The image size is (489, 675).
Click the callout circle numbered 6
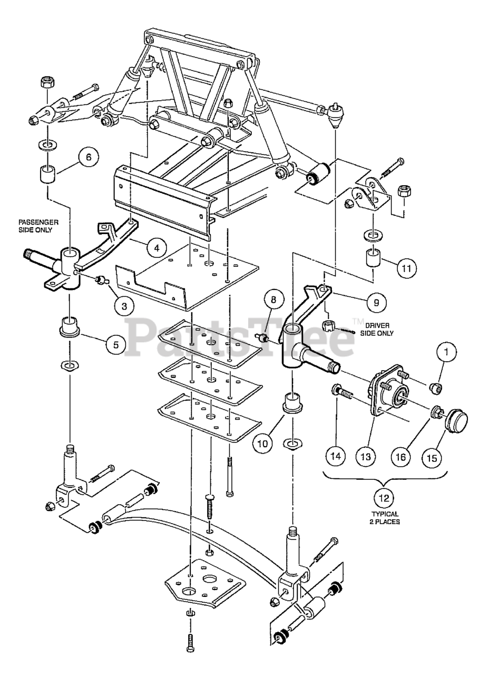[88, 157]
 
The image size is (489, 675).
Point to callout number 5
[116, 344]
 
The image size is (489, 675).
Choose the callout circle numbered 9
[376, 302]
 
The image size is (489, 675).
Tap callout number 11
[406, 267]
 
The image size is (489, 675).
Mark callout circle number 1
[446, 352]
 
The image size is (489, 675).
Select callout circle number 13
[366, 457]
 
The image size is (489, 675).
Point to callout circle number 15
[432, 458]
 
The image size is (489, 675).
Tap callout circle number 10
[263, 443]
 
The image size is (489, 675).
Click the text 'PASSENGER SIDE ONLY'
[38, 226]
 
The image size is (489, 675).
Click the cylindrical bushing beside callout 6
[48, 173]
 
